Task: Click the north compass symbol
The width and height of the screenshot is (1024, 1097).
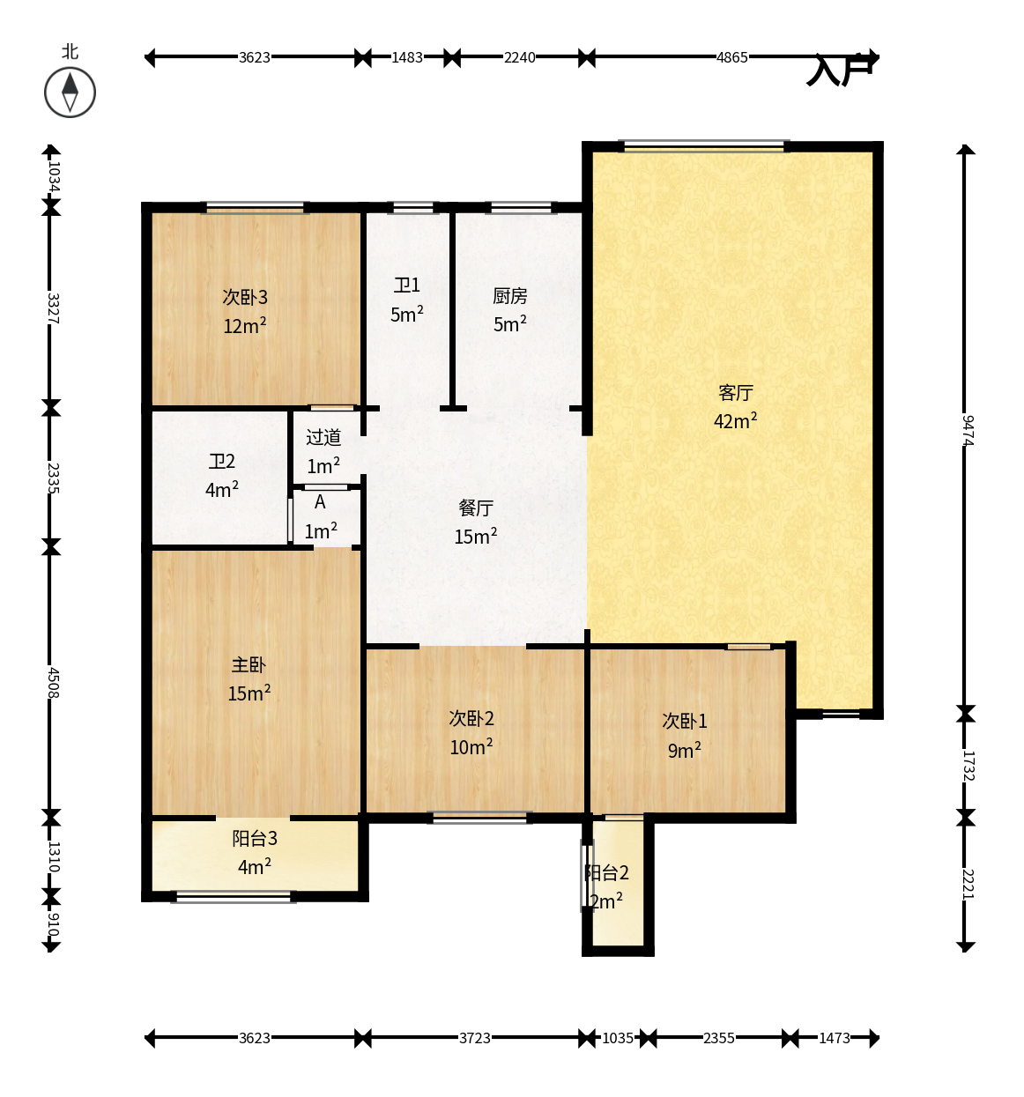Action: point(70,93)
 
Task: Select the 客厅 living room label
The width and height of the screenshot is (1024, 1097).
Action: point(735,393)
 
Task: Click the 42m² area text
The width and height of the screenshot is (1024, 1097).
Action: point(735,421)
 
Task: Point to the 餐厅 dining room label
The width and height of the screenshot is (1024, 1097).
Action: point(475,508)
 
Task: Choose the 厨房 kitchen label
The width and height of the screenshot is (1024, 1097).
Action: point(509,296)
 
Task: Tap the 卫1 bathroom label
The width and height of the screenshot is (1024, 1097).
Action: point(407,285)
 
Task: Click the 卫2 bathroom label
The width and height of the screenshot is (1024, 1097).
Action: point(221,461)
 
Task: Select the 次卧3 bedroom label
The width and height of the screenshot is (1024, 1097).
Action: point(245,297)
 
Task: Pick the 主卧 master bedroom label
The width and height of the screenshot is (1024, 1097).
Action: point(249,664)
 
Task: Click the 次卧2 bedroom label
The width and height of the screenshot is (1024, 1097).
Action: point(471,718)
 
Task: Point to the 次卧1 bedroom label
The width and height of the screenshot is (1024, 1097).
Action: point(684,721)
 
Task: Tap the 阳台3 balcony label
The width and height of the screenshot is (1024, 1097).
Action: point(254,839)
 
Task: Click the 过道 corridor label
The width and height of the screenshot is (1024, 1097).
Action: point(323,437)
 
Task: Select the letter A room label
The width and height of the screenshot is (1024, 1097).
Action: point(320,502)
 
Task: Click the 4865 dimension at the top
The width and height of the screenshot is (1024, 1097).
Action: point(731,57)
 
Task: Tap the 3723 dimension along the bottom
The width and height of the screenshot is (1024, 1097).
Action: point(475,1038)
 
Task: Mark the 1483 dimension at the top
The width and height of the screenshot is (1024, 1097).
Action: point(407,57)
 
